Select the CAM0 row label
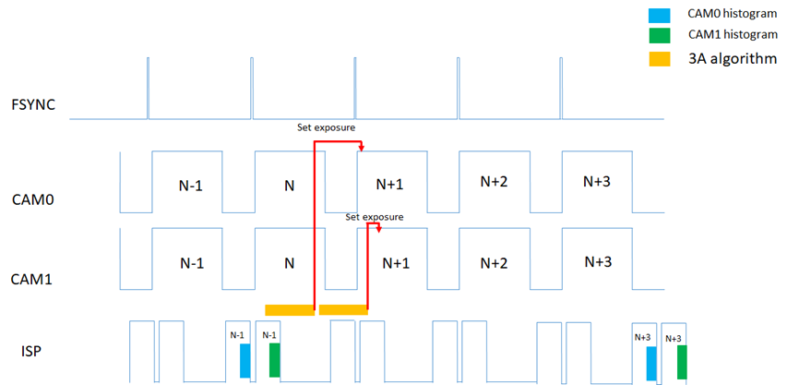point(34,199)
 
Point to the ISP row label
point(30,350)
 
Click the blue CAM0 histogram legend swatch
point(660,15)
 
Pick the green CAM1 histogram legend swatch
point(660,37)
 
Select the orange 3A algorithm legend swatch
point(660,59)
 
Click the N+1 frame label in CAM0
point(391,184)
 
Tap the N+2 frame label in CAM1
point(495,262)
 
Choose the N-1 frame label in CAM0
point(191,185)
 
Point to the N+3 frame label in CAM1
point(598,261)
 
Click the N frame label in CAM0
point(289,185)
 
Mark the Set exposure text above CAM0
point(326,128)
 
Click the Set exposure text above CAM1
point(375,217)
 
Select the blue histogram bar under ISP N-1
point(244,360)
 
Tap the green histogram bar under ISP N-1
point(275,360)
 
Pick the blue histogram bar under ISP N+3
point(651,363)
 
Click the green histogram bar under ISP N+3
point(682,363)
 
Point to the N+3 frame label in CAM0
point(598,181)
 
